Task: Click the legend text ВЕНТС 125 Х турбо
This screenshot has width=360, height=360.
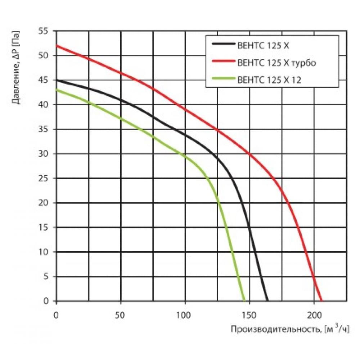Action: pyautogui.click(x=276, y=63)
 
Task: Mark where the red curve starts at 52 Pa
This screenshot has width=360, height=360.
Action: pyautogui.click(x=57, y=46)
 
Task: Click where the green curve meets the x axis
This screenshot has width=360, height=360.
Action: pyautogui.click(x=244, y=301)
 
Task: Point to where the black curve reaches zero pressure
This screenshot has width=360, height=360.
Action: pyautogui.click(x=267, y=301)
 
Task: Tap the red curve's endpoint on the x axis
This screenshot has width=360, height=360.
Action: pyautogui.click(x=322, y=301)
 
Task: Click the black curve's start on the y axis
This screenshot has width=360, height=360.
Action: pyautogui.click(x=57, y=80)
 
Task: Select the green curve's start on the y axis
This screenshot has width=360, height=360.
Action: pyautogui.click(x=57, y=90)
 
